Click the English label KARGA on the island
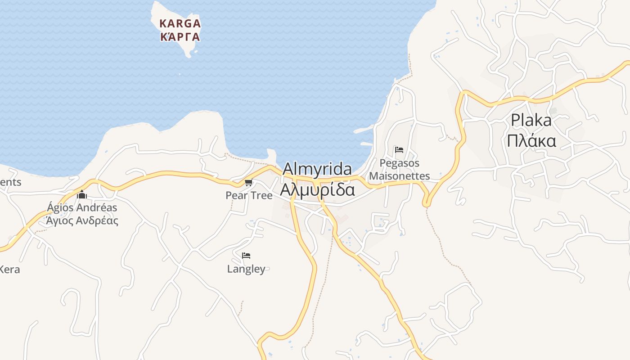pyautogui.click(x=180, y=23)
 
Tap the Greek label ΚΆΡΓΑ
pyautogui.click(x=180, y=36)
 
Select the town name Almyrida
pyautogui.click(x=317, y=169)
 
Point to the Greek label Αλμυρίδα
pyautogui.click(x=317, y=189)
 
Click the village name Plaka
pyautogui.click(x=531, y=120)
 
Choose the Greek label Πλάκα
pyautogui.click(x=531, y=141)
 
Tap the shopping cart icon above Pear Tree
pyautogui.click(x=248, y=183)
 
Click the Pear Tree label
pyautogui.click(x=249, y=195)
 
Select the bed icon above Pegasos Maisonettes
pyautogui.click(x=399, y=150)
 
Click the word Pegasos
pyautogui.click(x=400, y=163)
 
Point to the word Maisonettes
pyautogui.click(x=400, y=176)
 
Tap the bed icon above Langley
pyautogui.click(x=246, y=256)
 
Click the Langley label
pyautogui.click(x=246, y=269)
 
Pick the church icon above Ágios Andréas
pyautogui.click(x=82, y=195)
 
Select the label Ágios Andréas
pyautogui.click(x=82, y=207)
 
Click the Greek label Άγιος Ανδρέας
pyautogui.click(x=82, y=220)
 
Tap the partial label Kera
pyautogui.click(x=9, y=270)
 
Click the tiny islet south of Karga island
pyautogui.click(x=180, y=74)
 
